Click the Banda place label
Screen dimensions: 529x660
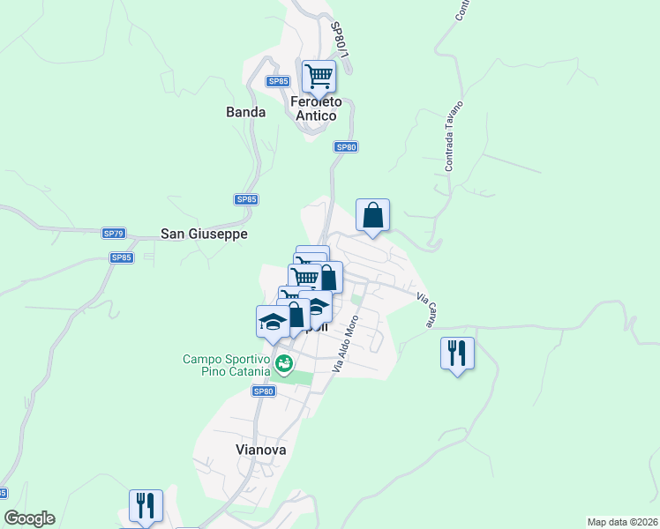point(245,112)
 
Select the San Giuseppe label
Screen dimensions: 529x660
point(204,234)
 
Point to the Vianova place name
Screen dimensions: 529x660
point(261,449)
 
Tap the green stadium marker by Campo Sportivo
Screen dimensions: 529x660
point(284,363)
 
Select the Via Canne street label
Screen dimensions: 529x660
point(424,311)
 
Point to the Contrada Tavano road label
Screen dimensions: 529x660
point(454,136)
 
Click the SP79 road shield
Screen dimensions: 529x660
point(114,234)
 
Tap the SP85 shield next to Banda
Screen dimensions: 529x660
point(278,81)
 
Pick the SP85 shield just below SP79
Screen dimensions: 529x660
point(122,257)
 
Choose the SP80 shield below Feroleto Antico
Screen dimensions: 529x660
point(346,147)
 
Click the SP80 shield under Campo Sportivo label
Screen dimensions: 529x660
point(263,391)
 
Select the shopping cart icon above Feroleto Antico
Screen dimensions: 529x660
point(319,76)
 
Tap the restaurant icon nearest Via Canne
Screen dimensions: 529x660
point(457,354)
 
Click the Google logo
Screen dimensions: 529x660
point(29,518)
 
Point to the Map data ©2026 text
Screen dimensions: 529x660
point(622,522)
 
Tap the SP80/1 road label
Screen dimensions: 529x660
point(341,41)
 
